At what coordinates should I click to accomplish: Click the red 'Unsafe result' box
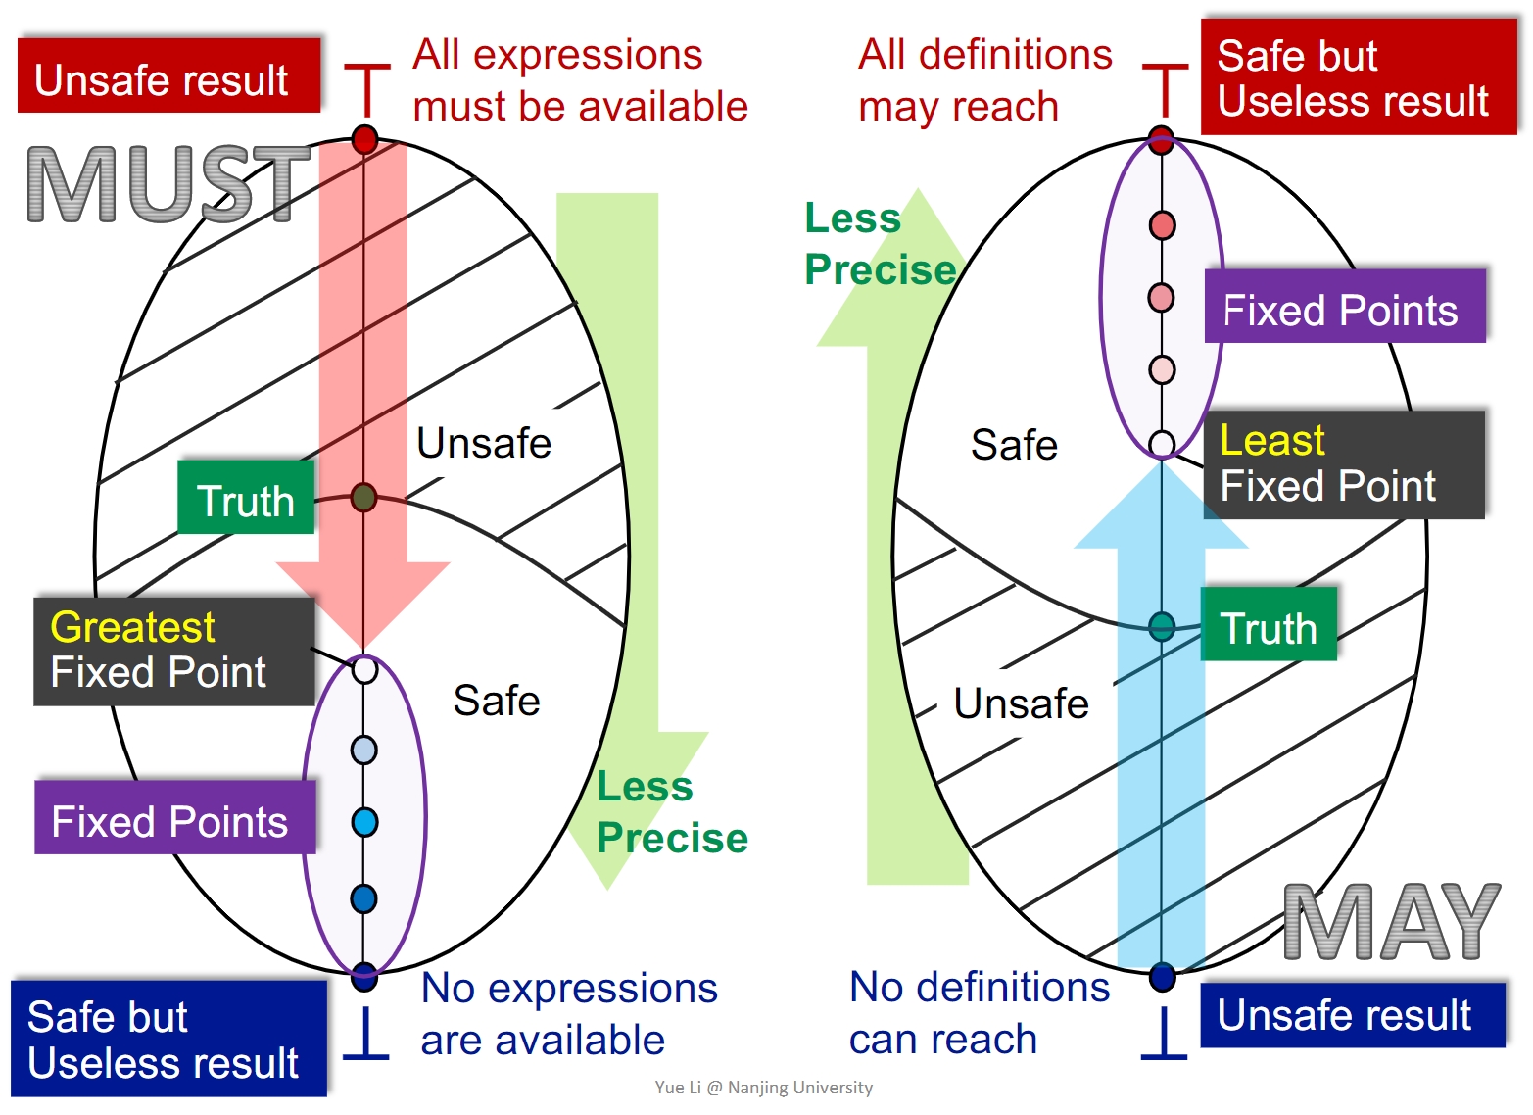pos(168,76)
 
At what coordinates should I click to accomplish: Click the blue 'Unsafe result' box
pos(1352,1015)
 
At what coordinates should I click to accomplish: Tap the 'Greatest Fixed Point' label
pos(173,651)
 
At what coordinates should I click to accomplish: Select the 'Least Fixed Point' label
pos(1343,463)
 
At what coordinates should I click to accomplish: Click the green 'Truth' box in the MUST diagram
pos(246,498)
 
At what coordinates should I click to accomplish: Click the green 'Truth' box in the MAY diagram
pos(1269,625)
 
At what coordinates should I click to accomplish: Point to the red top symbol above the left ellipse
pos(366,90)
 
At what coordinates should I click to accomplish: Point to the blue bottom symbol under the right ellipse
pos(1164,1034)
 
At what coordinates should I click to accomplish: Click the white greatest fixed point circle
pos(364,670)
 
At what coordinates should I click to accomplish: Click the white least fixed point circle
pos(1162,444)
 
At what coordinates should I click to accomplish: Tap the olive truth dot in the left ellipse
pos(363,498)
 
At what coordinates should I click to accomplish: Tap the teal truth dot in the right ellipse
pos(1162,626)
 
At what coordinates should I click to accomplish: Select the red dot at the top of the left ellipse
pos(364,140)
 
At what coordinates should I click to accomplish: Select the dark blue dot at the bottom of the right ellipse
pos(1162,976)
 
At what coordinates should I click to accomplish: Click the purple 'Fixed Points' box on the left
pos(174,818)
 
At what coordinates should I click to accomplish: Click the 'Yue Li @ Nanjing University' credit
pos(763,1088)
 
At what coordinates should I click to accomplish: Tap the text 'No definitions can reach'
pos(979,1013)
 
